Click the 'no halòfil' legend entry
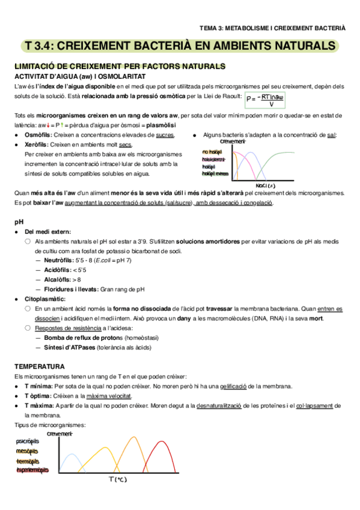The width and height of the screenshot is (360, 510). [x=212, y=152]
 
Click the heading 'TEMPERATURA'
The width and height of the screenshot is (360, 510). [x=40, y=366]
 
